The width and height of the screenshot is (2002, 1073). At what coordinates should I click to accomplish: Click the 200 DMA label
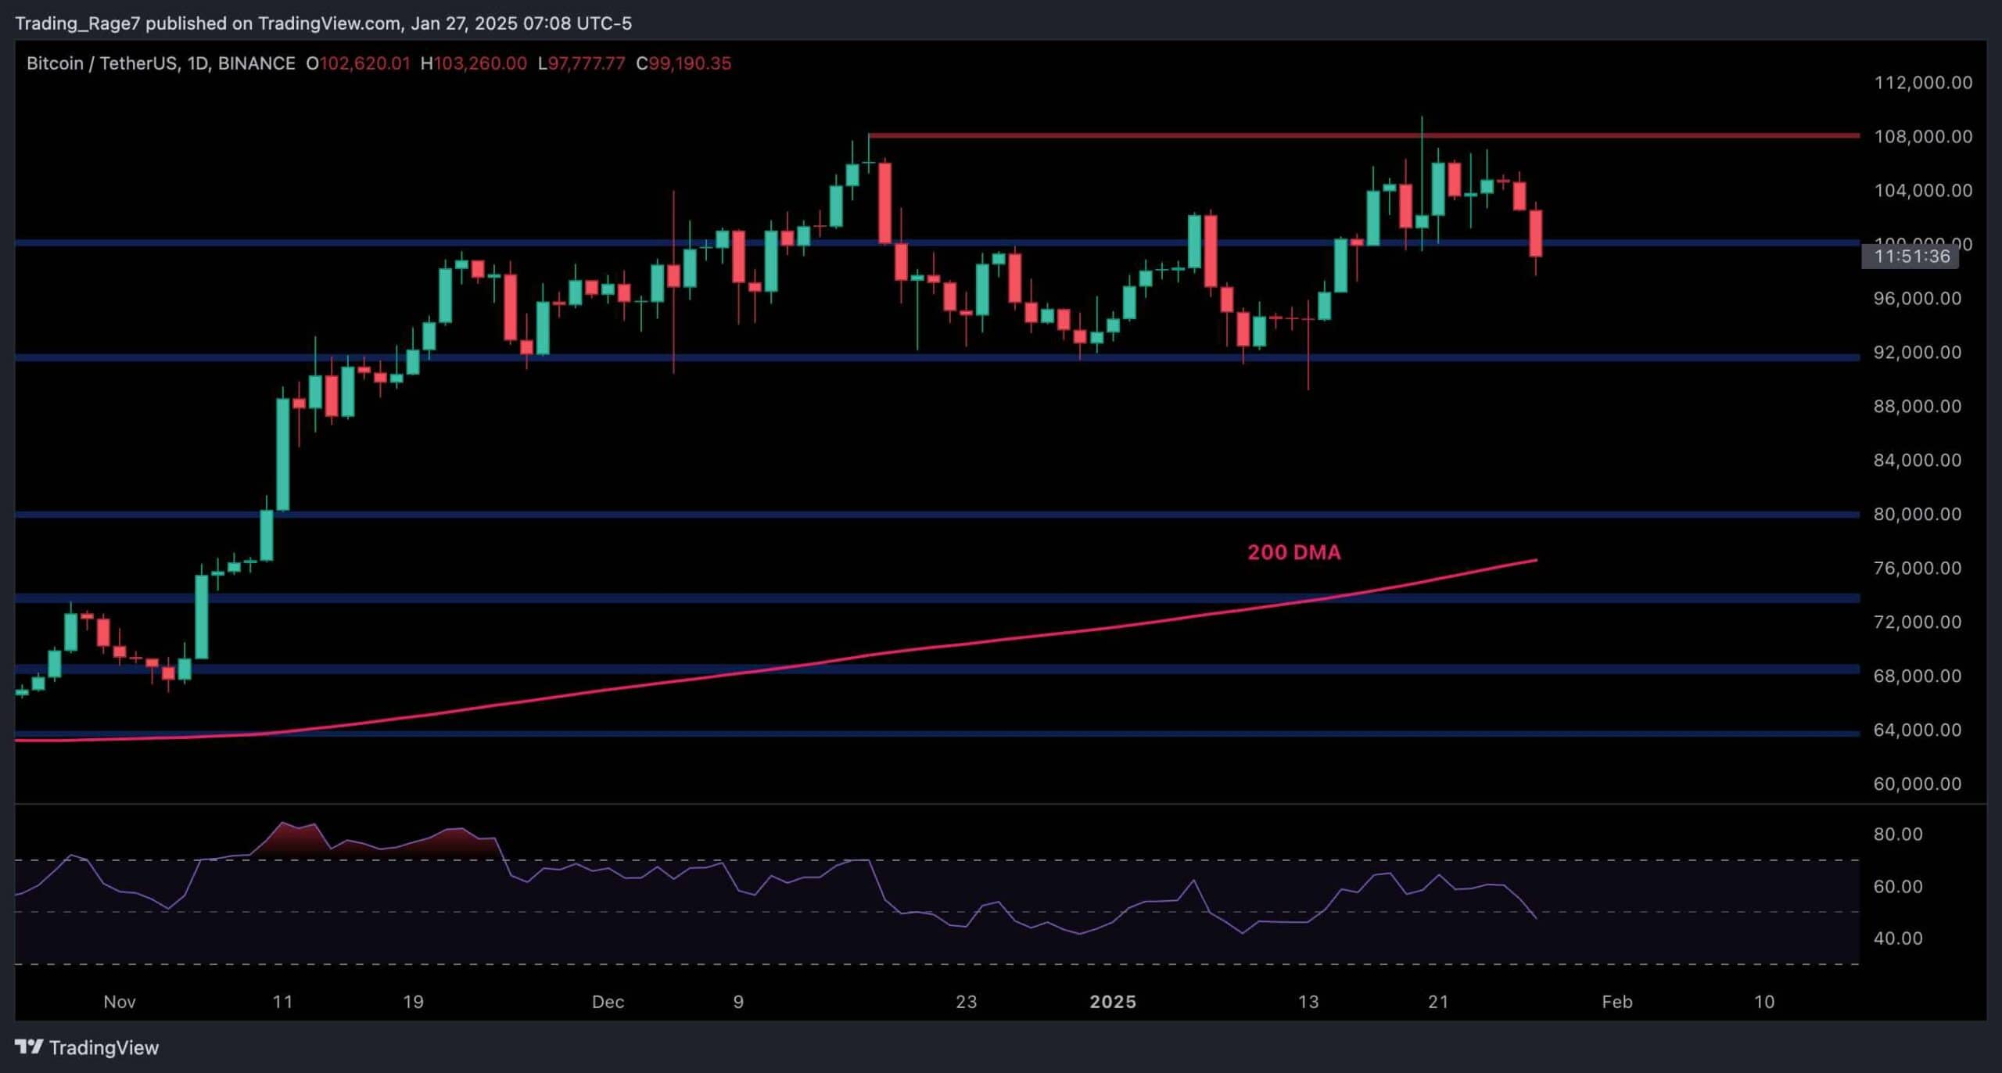tap(1293, 552)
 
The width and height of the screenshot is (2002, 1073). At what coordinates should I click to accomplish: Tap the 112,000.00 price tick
tap(1923, 83)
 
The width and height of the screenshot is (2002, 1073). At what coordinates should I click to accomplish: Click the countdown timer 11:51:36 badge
tap(1911, 256)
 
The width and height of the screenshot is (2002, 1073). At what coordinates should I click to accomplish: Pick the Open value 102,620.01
tap(364, 63)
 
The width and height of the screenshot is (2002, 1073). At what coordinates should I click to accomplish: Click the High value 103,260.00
tap(480, 63)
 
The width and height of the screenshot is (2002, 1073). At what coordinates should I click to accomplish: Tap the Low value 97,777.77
tap(587, 63)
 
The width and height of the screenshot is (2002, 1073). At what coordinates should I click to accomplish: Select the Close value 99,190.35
tap(690, 63)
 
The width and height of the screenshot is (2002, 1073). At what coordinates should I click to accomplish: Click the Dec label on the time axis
tap(608, 1002)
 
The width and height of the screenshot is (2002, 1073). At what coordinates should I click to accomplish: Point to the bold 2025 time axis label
tap(1113, 1002)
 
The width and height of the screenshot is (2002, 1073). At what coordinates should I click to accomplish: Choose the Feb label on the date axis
tap(1616, 1002)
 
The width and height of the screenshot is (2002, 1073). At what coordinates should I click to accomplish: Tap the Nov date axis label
tap(120, 1002)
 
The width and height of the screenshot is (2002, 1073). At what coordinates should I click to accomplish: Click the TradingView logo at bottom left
tap(87, 1047)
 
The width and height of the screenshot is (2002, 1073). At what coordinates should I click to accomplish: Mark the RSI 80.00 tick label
tap(1898, 834)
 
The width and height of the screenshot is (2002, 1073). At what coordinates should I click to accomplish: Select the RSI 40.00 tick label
tap(1898, 938)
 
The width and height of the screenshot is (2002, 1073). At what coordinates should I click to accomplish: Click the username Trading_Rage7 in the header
tap(77, 23)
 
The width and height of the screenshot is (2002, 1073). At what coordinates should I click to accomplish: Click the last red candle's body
tap(1536, 233)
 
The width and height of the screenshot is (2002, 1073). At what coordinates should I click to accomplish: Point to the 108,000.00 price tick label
tap(1923, 137)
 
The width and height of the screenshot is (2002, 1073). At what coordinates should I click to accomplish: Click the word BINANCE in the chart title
tap(257, 63)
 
